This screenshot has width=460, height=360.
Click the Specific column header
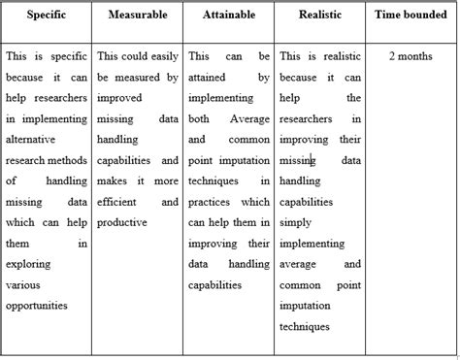click(x=46, y=16)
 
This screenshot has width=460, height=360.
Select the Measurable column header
click(x=137, y=16)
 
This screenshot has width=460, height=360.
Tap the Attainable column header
click(x=229, y=16)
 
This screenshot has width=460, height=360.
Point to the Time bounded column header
click(x=411, y=16)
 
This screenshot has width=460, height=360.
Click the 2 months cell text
click(x=411, y=57)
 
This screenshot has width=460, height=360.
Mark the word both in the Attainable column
click(x=199, y=118)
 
